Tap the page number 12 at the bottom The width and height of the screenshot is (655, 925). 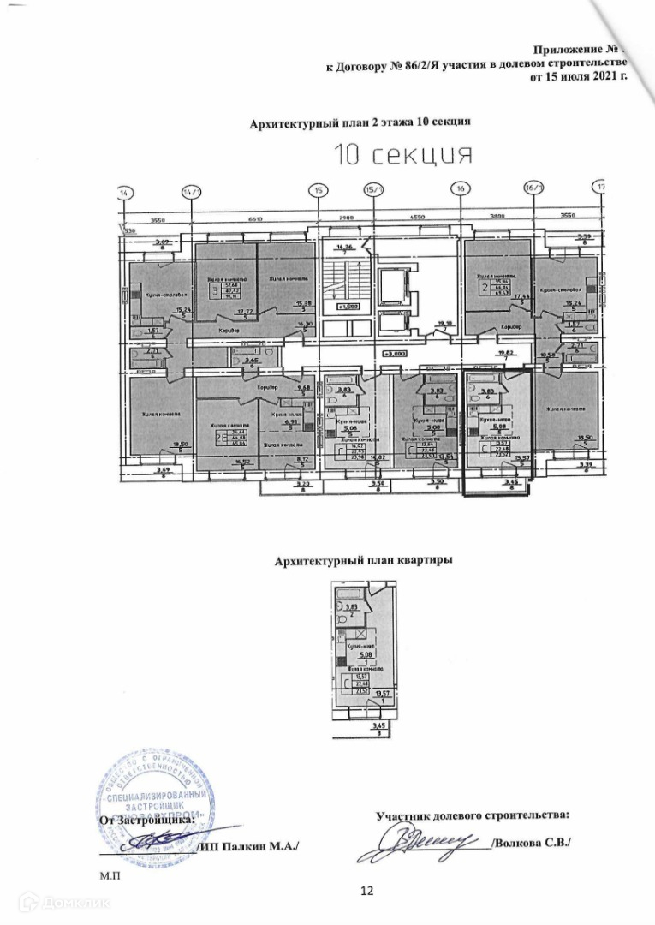tap(368, 891)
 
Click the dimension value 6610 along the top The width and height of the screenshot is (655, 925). tap(254, 219)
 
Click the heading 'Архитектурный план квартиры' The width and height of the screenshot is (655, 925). tap(363, 561)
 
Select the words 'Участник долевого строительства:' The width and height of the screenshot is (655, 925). tap(473, 816)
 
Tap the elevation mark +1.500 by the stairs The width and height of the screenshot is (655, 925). tap(347, 306)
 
